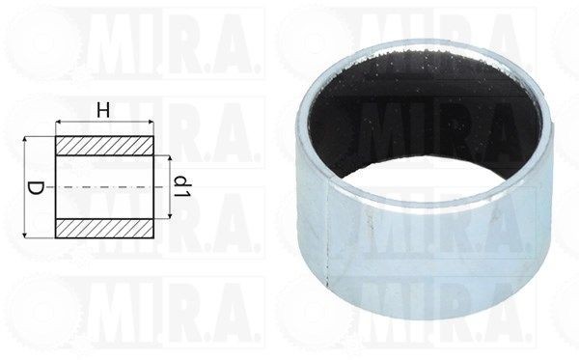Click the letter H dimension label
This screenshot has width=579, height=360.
coord(103,110)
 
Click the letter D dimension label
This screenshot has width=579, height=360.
coord(36,187)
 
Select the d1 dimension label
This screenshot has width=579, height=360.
coord(182,186)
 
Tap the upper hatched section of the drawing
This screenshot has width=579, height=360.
coord(104,146)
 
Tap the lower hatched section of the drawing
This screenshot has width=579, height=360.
coord(104,229)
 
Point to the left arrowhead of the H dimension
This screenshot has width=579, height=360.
coord(58,122)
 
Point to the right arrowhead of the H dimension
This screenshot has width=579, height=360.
coord(151,122)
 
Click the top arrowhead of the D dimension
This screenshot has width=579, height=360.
coord(25,140)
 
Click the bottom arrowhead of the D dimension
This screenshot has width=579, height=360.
coord(25,235)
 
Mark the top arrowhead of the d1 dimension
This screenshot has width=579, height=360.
coord(170,159)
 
